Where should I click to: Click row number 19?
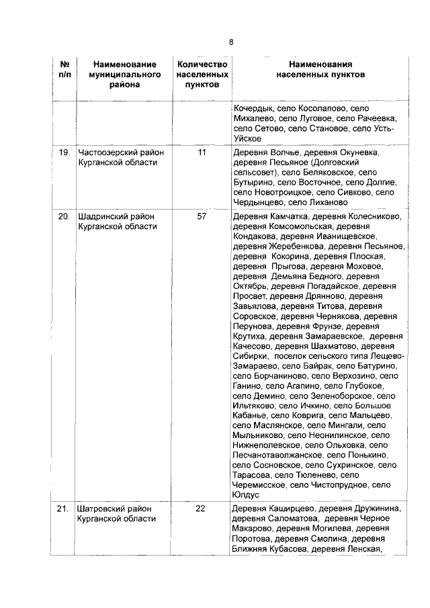click(64, 153)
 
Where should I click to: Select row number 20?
click(64, 216)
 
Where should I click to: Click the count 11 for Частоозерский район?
click(202, 153)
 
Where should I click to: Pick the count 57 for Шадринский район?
click(202, 216)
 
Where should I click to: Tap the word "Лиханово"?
click(310, 202)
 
